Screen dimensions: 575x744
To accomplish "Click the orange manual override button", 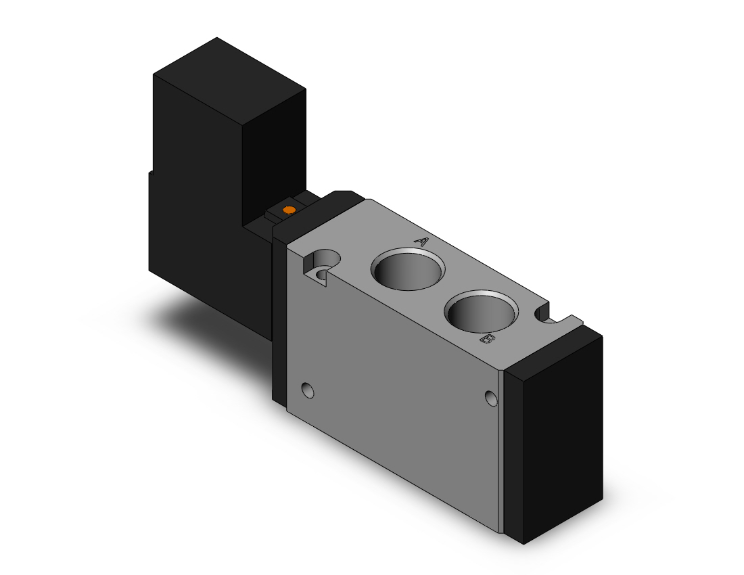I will [290, 211].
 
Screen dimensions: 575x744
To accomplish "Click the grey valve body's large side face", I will [400, 400].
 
